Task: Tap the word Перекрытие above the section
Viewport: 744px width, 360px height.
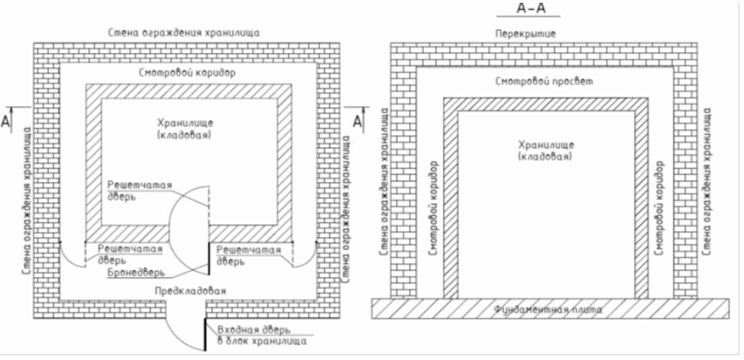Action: (525, 34)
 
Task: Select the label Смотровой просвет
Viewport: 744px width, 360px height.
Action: (544, 81)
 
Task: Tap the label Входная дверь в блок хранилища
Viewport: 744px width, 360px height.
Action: (261, 335)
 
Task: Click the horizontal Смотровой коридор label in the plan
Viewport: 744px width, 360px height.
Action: (188, 73)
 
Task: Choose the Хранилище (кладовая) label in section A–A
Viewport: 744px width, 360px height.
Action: (546, 149)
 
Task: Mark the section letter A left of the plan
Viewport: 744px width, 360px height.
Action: (5, 122)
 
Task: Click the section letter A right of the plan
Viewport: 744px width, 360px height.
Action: (358, 122)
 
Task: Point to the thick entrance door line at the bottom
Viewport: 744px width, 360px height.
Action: (205, 334)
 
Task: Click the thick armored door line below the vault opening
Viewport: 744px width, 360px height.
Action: (208, 259)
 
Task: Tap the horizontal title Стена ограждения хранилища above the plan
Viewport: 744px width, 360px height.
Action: (183, 33)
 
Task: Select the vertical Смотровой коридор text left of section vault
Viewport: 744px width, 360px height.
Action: (432, 209)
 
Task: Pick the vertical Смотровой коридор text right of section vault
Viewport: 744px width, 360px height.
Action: (659, 209)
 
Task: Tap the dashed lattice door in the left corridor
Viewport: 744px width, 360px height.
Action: (85, 255)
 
